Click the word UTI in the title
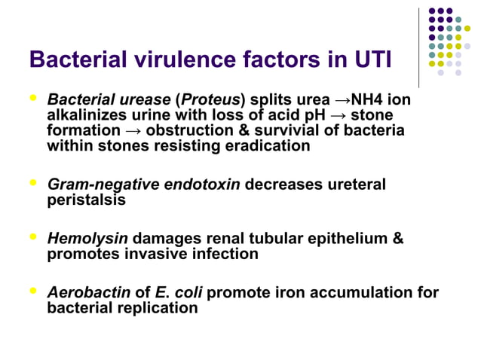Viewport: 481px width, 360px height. pos(368,59)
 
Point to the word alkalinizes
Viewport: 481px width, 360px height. pos(86,115)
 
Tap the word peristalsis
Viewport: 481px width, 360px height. pos(86,200)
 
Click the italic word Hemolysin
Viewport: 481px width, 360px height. pos(87,239)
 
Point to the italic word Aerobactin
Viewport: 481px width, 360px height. pos(89,293)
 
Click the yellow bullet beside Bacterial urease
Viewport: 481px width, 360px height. pos(32,98)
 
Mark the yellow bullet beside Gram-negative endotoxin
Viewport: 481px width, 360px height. pos(32,182)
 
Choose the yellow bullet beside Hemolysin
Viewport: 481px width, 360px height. pos(32,237)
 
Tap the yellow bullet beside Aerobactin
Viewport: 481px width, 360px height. pos(32,291)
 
